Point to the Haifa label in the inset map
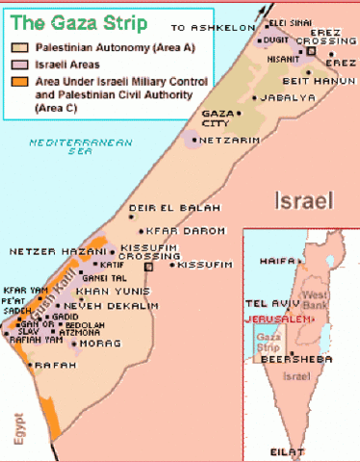pos(275,261)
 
